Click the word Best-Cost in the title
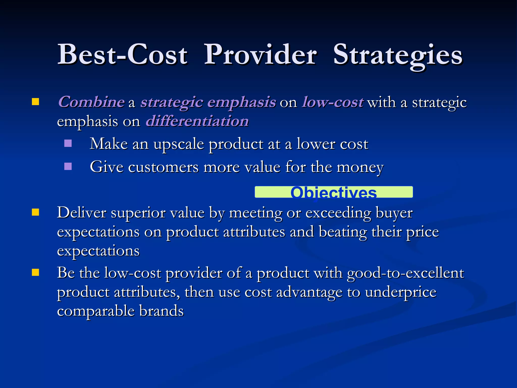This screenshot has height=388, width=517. [x=122, y=54]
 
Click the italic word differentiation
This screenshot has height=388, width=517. [x=197, y=121]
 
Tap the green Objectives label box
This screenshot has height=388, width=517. [x=333, y=192]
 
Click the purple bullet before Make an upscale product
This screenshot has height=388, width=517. [x=68, y=143]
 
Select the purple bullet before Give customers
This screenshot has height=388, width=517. [x=68, y=166]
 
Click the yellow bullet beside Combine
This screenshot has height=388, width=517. [x=35, y=102]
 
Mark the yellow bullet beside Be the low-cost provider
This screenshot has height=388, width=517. [x=35, y=273]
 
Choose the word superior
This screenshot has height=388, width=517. [x=138, y=213]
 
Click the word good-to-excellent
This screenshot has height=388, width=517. [x=405, y=273]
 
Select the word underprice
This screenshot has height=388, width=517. [x=401, y=292]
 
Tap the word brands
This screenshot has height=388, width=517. [x=161, y=311]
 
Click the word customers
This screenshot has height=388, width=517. [x=163, y=167]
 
